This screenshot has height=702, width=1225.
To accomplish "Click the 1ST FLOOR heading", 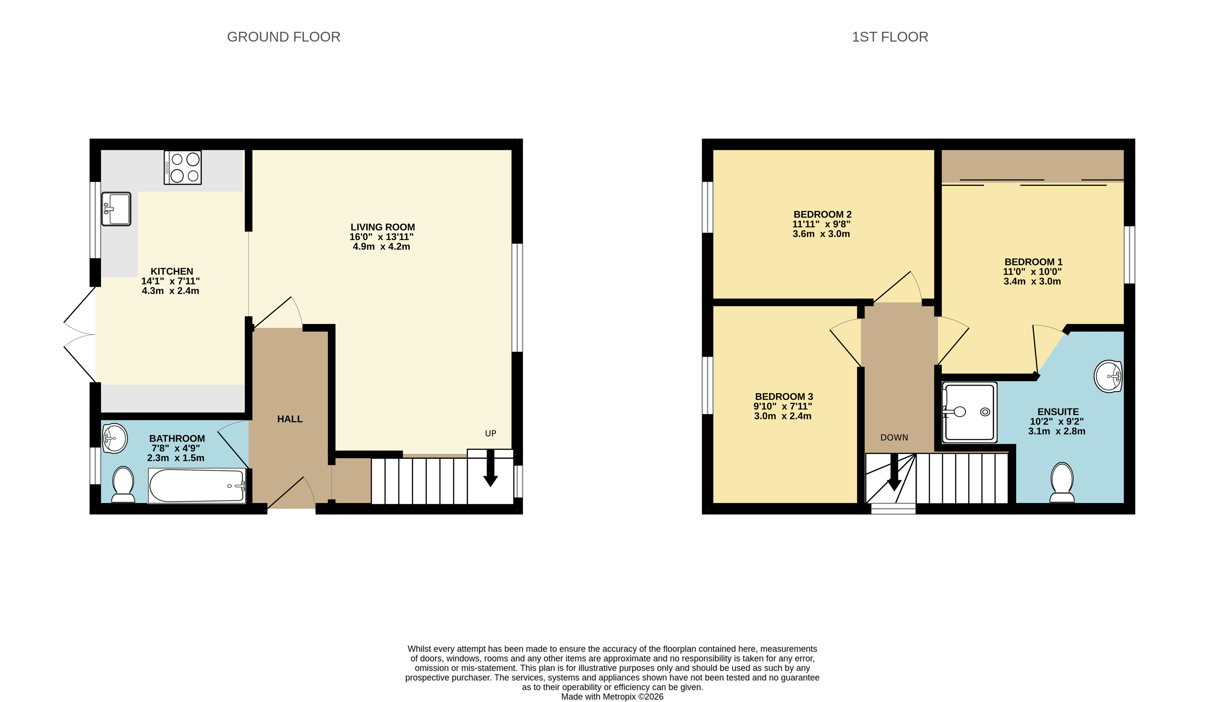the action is (890, 37).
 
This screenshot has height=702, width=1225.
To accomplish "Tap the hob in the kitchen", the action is (183, 167).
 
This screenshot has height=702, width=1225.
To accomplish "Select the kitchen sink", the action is (116, 209).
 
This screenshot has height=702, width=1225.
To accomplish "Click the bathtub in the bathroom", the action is (197, 485).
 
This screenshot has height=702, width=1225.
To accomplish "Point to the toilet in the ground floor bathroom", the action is (123, 484).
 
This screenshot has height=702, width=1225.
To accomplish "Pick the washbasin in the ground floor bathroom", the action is (115, 438).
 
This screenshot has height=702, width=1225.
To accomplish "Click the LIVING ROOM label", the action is (382, 227).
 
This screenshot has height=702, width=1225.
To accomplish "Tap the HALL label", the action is (290, 419).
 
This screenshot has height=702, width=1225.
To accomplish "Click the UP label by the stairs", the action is (490, 433).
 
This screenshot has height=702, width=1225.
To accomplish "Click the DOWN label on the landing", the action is (895, 437).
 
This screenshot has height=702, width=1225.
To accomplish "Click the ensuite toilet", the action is (1062, 482).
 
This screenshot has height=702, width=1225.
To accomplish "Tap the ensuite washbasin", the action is (1108, 376).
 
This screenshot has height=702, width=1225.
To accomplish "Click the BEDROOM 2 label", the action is (823, 215).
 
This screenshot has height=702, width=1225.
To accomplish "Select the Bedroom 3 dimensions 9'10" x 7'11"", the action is (783, 406).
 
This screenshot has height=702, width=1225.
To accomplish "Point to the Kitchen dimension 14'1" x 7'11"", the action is (170, 281).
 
